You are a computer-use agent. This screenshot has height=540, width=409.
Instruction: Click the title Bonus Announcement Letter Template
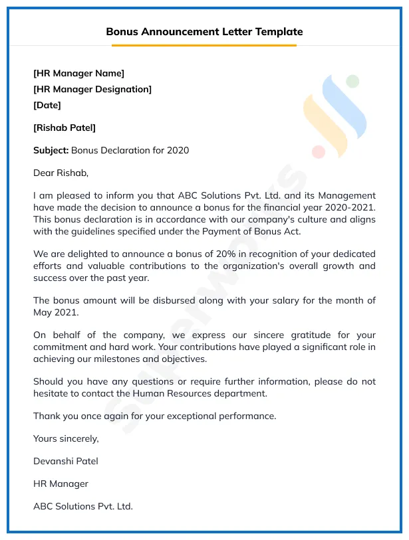[204, 31]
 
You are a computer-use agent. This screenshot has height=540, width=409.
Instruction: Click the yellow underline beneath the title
[204, 45]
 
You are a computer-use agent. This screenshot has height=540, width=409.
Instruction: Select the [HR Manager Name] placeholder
[78, 73]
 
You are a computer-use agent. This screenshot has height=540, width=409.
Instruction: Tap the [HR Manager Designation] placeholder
[92, 89]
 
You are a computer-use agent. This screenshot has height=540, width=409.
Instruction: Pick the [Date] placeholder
[47, 105]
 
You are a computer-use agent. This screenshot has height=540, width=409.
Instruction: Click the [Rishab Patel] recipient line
[65, 128]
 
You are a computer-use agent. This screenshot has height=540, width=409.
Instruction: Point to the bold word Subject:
[51, 150]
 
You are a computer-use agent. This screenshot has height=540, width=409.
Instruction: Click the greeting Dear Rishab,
[61, 173]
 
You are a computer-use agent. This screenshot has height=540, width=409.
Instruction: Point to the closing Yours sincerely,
[66, 438]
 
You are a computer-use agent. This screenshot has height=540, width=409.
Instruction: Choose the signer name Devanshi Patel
[66, 461]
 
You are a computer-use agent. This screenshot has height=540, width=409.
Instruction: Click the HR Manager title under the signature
[61, 484]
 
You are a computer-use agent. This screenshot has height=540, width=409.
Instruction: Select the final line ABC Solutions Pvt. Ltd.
[83, 506]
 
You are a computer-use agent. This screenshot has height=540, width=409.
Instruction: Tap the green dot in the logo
[352, 81]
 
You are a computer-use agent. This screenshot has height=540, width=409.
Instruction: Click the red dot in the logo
[319, 152]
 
